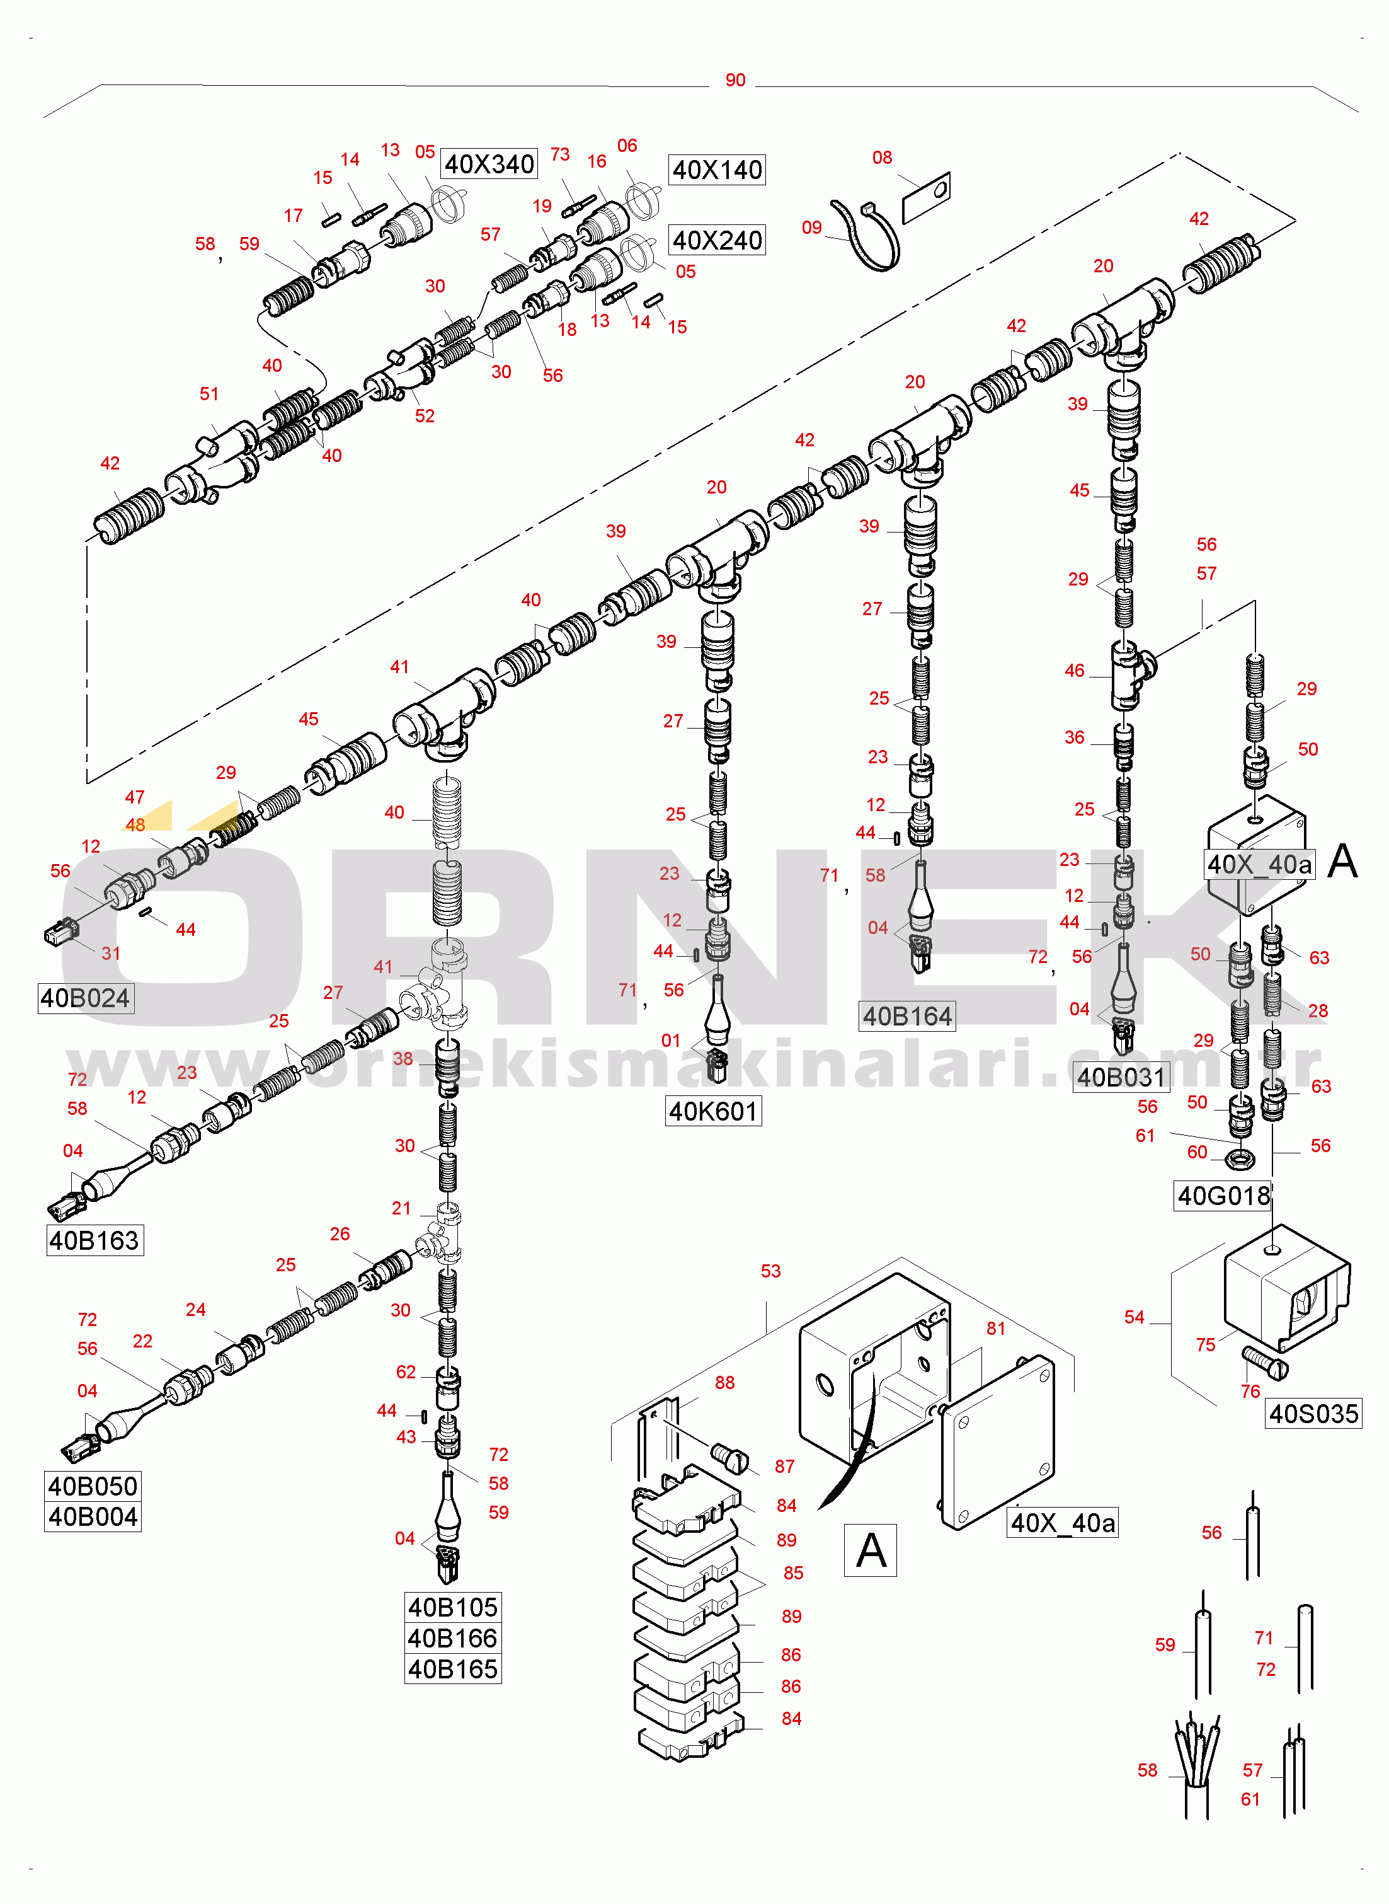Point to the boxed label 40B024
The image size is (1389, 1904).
pos(85,998)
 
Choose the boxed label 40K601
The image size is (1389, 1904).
pos(713,1111)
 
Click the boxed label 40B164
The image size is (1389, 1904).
pos(906,1016)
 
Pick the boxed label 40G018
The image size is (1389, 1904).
pos(1223,1195)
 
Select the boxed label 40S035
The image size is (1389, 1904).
pos(1313,1414)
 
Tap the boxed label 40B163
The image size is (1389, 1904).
pos(94,1240)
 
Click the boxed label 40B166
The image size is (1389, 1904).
pos(452,1638)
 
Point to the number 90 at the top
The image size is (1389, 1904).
pos(735,80)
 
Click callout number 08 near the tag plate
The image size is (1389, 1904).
pos(881,158)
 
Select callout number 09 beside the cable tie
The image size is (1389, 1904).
pos(811,227)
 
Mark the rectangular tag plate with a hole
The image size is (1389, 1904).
pos(926,199)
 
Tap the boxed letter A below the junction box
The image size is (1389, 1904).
pos(869,1549)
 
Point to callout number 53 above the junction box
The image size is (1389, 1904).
pos(770,1271)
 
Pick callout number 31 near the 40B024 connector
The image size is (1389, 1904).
pos(111,953)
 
